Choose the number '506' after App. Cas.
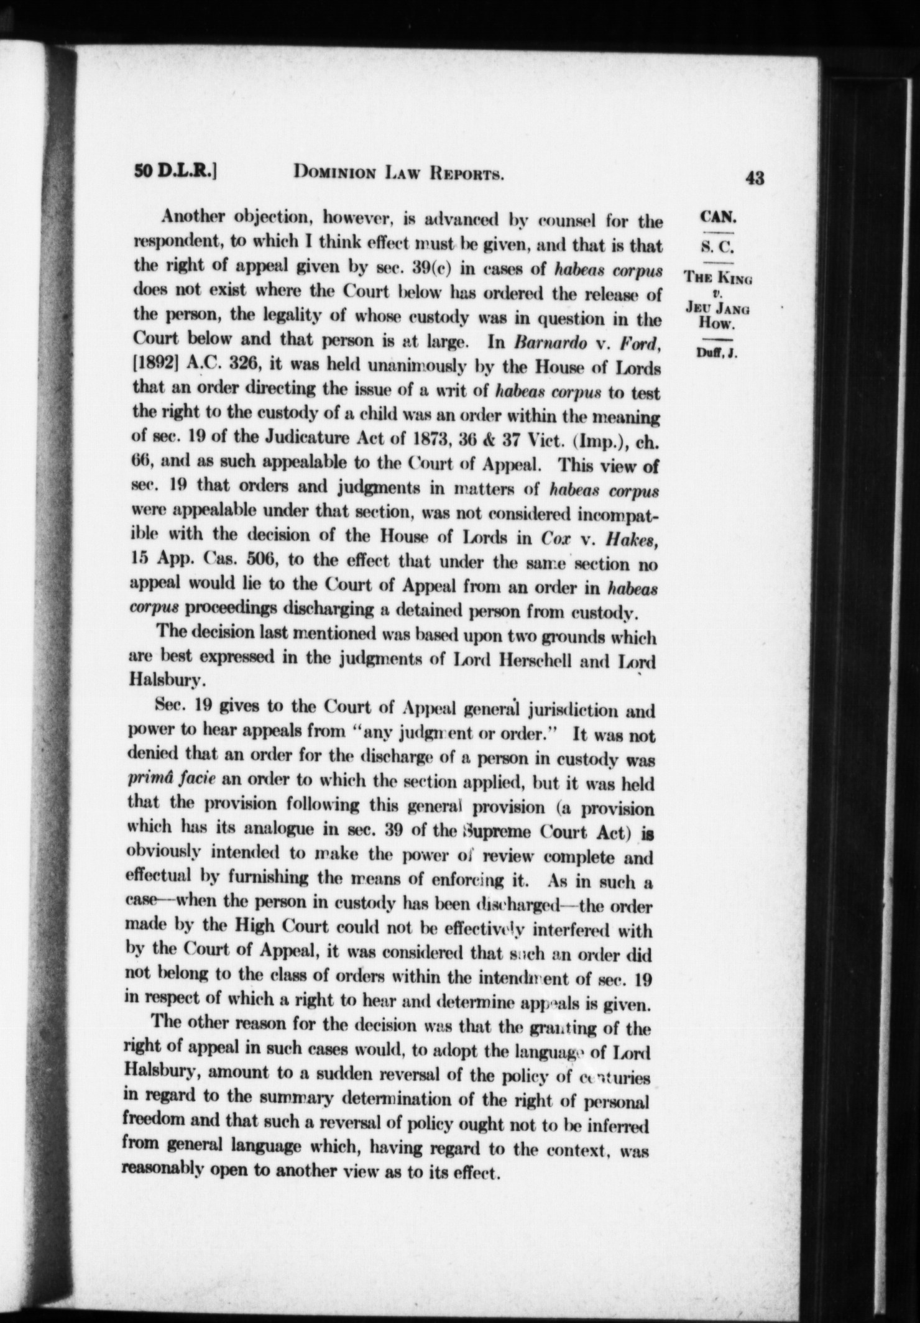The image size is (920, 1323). click(255, 565)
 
